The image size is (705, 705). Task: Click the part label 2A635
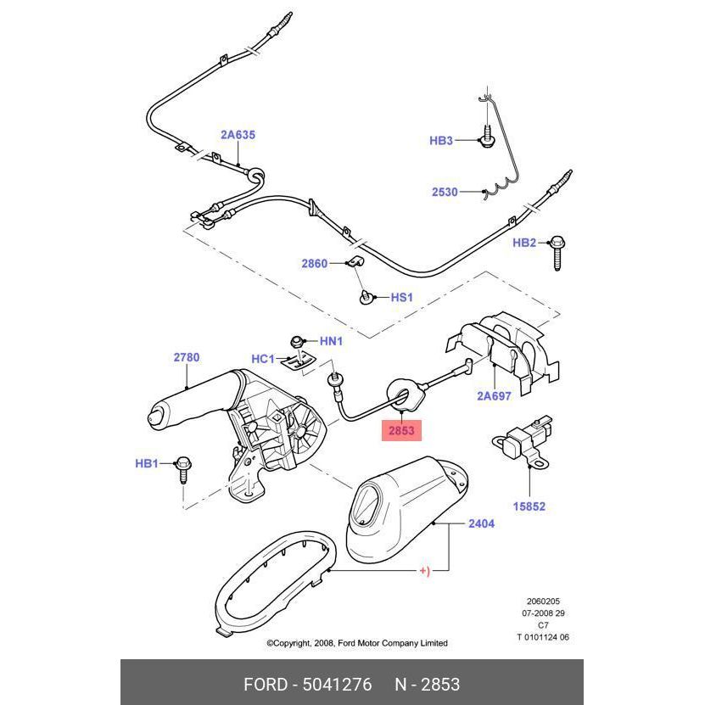click(238, 134)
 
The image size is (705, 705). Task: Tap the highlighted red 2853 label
click(401, 430)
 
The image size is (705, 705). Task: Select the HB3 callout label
click(441, 141)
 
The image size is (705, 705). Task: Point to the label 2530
click(445, 192)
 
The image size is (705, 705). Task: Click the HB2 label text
click(524, 243)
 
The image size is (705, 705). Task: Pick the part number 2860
click(314, 264)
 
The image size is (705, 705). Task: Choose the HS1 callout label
click(401, 298)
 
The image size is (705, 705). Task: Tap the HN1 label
click(331, 341)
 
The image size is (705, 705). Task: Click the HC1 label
click(263, 359)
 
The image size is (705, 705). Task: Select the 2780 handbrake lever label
click(187, 357)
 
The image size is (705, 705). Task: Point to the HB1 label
click(147, 463)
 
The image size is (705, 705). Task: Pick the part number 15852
click(529, 506)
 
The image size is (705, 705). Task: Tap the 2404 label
click(481, 523)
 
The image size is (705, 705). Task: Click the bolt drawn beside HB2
click(558, 251)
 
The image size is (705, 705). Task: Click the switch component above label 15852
click(519, 438)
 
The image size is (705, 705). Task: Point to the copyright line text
click(357, 643)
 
